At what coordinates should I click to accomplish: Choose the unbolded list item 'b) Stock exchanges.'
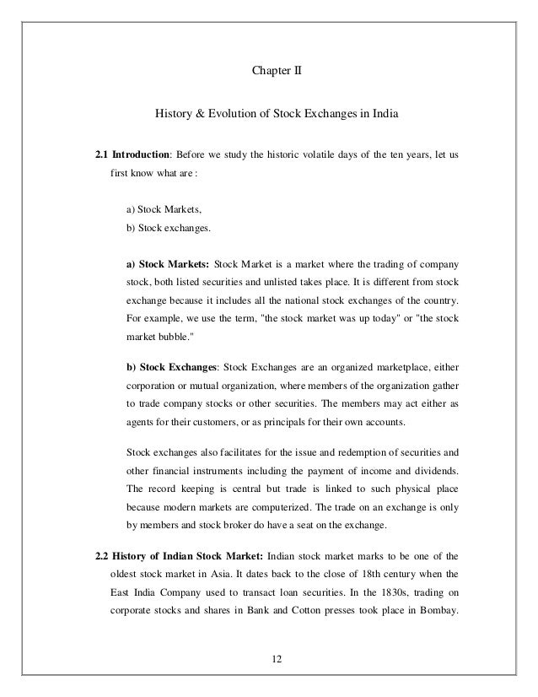click(168, 228)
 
